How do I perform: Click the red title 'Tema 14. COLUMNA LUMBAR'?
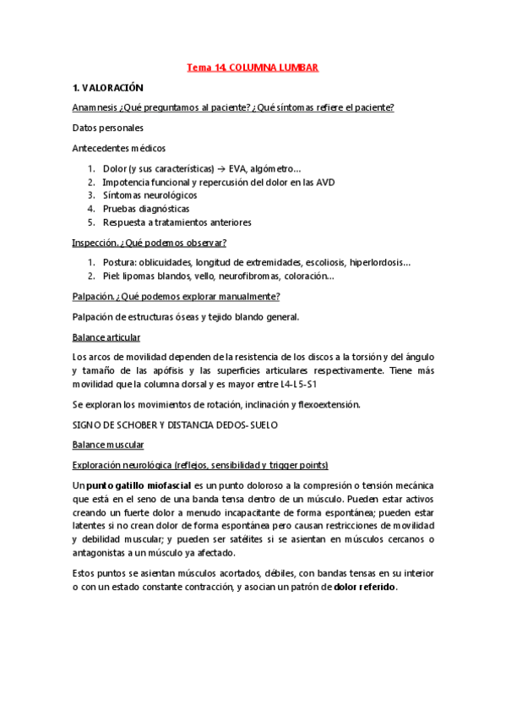252,66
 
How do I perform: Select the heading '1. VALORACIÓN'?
109,87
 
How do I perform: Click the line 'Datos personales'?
108,128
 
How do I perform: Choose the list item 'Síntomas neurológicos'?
150,195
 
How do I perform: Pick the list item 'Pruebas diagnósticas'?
145,209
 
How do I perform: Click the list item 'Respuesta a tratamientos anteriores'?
177,222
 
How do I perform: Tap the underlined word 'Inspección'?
93,243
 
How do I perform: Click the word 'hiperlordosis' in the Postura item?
377,263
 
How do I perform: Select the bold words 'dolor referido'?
365,587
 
